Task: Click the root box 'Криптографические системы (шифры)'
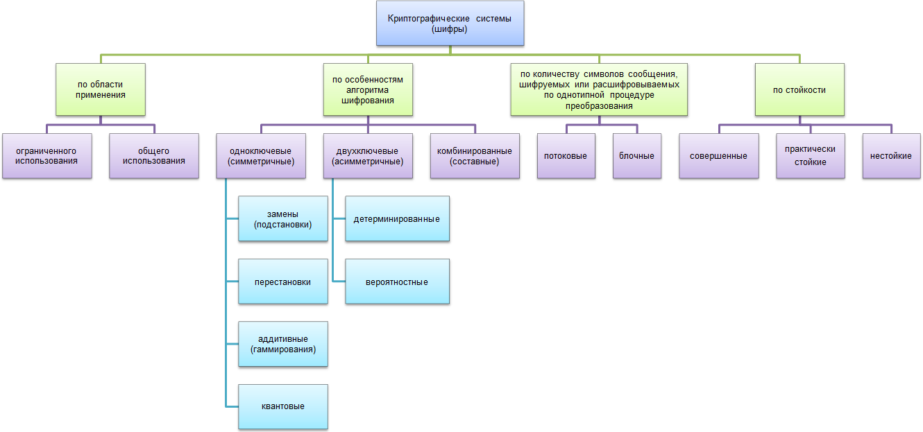point(450,24)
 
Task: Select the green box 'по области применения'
point(101,89)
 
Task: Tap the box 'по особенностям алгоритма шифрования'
point(368,89)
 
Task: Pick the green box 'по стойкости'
point(799,89)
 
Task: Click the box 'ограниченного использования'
point(47,156)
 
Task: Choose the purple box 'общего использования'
point(154,156)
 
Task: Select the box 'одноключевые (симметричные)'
point(261,156)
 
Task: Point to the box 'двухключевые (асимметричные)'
point(368,156)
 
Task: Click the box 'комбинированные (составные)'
point(475,156)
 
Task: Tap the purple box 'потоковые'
point(566,156)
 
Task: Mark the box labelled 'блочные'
point(636,156)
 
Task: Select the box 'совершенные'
point(718,156)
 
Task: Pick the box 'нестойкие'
point(891,156)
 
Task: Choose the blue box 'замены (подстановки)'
point(283,218)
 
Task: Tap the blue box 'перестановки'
point(283,282)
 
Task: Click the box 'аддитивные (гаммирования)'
point(283,344)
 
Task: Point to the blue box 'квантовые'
point(283,406)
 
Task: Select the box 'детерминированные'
point(397,218)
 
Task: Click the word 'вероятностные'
point(397,282)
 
